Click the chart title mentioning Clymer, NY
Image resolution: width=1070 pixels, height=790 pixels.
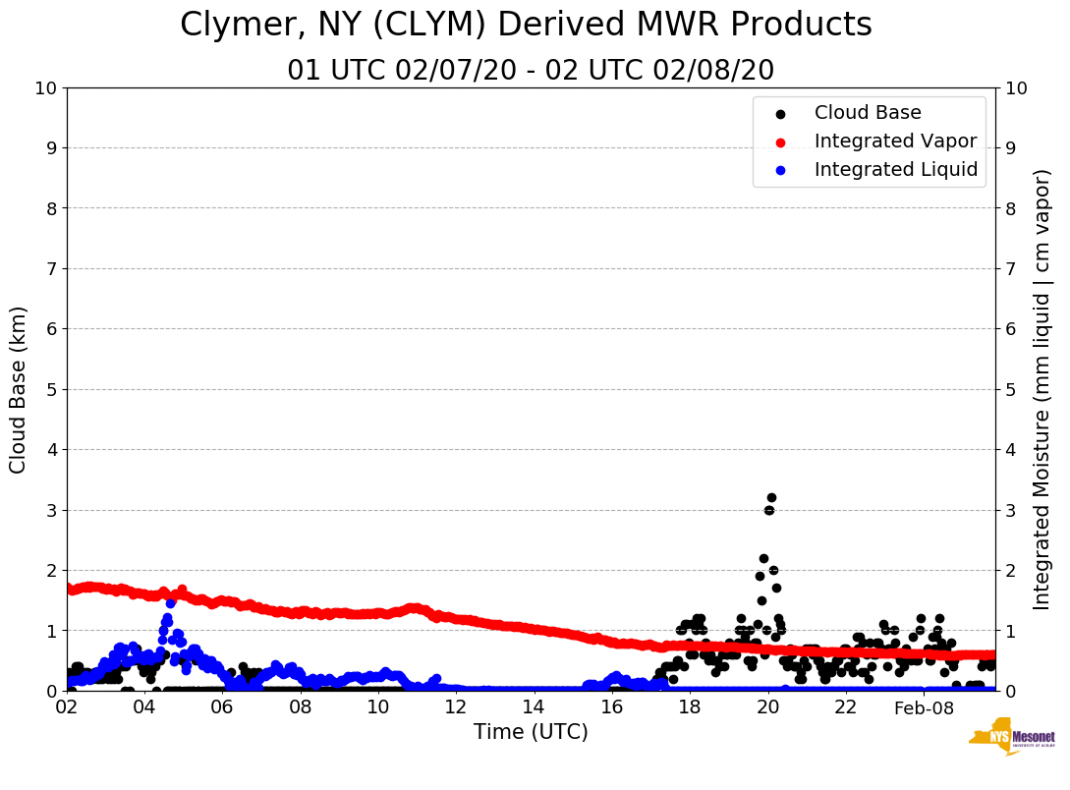526,26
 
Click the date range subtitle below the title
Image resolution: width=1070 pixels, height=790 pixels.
531,71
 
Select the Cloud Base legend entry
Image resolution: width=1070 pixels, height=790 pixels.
868,113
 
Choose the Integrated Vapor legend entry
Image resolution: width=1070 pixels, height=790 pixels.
895,141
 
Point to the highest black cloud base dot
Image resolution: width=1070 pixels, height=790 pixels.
771,498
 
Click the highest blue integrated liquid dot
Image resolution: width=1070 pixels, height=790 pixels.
170,602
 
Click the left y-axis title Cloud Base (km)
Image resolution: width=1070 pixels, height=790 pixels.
19,389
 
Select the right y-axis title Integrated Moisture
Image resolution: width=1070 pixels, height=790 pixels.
1042,389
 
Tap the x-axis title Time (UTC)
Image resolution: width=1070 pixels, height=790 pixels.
531,732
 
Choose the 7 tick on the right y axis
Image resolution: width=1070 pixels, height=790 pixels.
1010,268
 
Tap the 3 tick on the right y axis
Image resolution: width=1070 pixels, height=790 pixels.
1010,510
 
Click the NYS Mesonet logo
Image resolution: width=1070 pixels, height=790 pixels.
1012,740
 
